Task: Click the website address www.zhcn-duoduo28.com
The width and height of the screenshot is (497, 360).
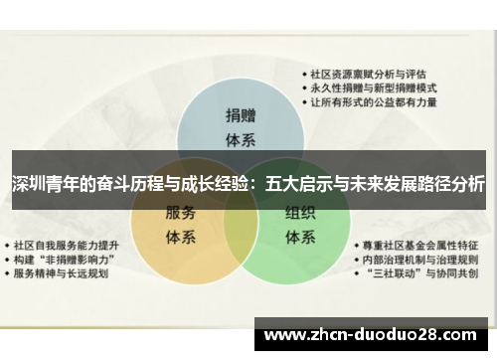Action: (x=373, y=334)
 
